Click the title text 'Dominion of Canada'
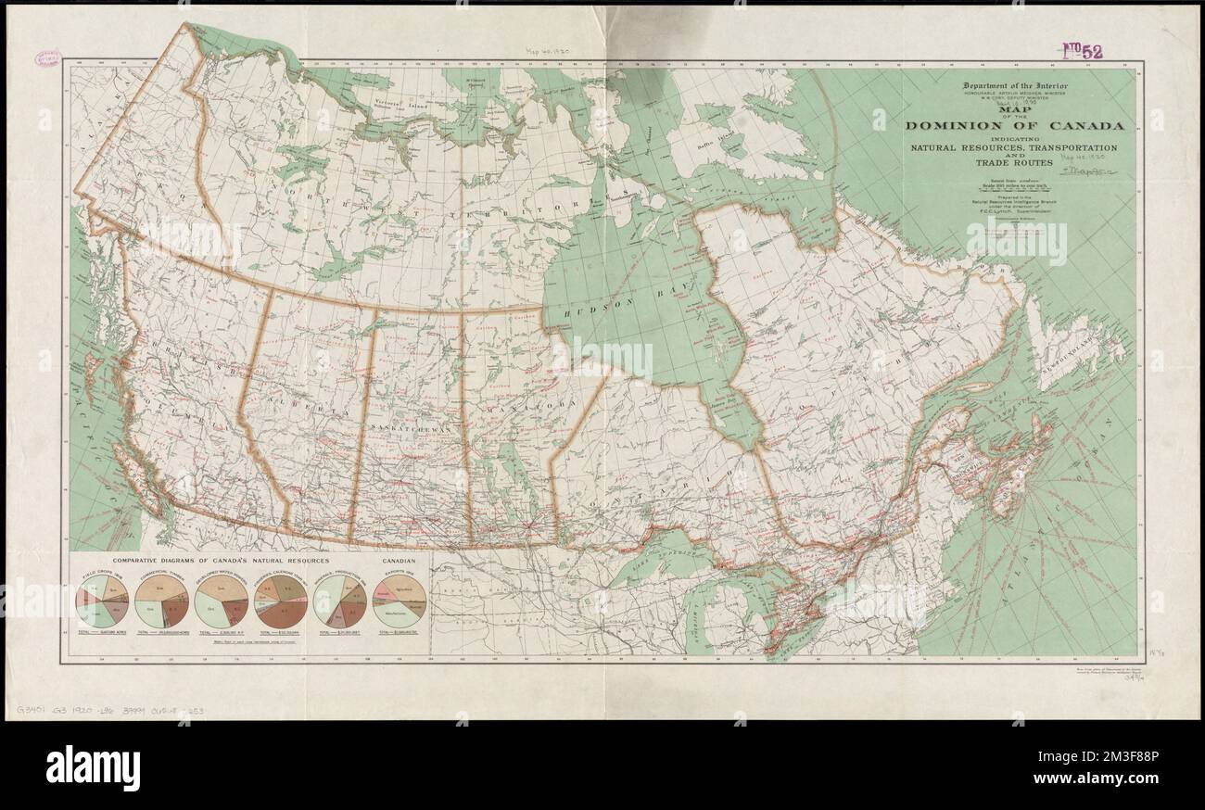(x=1014, y=126)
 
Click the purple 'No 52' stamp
(x=1082, y=51)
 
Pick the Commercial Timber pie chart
(x=162, y=601)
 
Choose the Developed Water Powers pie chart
(x=222, y=601)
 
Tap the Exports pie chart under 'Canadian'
(x=400, y=601)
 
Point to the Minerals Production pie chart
(x=341, y=601)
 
